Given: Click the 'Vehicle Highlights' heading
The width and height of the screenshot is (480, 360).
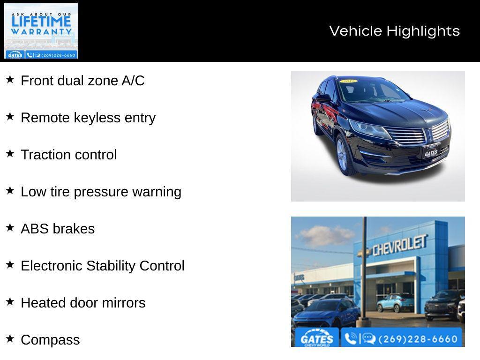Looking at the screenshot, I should point(394,31).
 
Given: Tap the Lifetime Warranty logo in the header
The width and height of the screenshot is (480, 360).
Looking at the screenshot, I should point(41,31).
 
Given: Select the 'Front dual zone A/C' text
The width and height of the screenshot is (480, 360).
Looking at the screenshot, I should point(82,81).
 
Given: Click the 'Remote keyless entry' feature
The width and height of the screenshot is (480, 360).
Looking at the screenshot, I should point(88,118).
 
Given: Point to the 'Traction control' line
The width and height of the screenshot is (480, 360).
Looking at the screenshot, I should point(68,155).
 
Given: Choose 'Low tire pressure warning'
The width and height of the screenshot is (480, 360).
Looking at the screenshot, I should point(101,192).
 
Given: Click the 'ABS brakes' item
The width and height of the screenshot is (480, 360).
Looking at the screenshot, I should point(58,229).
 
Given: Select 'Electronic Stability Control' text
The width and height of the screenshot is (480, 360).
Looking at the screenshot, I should point(103,266).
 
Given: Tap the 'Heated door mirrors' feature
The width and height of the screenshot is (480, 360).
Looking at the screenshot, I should point(83,303).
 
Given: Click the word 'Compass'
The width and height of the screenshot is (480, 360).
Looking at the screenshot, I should point(50,340).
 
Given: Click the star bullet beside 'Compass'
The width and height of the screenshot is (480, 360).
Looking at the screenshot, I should point(10,338).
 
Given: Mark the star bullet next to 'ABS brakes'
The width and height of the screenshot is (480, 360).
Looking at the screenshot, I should point(10,227).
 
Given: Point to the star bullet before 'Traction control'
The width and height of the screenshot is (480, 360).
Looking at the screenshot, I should point(10,153).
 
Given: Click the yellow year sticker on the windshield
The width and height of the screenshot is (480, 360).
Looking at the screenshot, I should point(349,82).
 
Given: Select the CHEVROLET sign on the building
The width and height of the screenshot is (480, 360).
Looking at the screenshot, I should point(399,245).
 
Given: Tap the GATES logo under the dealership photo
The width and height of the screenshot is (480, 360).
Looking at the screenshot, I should point(317,338).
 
